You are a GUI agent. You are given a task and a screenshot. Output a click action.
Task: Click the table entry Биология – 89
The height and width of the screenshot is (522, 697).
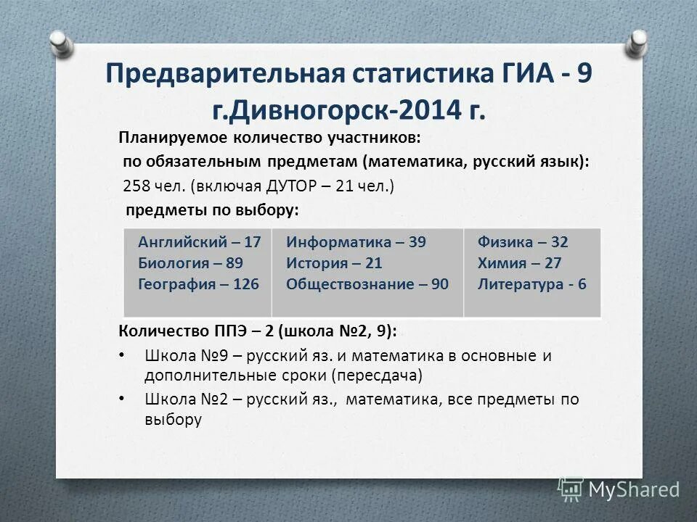pyautogui.click(x=190, y=263)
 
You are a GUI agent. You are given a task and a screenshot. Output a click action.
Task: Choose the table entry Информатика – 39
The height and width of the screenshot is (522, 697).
pyautogui.click(x=356, y=242)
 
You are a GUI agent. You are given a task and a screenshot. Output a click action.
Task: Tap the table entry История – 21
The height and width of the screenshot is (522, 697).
pyautogui.click(x=334, y=263)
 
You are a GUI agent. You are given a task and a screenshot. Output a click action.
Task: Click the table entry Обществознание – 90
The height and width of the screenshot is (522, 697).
pyautogui.click(x=367, y=284)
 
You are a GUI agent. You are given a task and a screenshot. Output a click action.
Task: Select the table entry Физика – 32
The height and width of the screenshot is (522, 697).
pyautogui.click(x=523, y=242)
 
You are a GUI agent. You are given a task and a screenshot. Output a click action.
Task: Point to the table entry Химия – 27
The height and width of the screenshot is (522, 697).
pyautogui.click(x=519, y=263)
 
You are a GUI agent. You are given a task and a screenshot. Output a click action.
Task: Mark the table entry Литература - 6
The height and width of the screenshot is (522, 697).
pyautogui.click(x=531, y=284)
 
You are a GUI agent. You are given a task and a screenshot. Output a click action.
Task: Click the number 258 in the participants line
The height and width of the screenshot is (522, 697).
pyautogui.click(x=136, y=186)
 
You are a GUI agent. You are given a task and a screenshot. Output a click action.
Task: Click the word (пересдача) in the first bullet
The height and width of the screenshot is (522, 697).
pyautogui.click(x=377, y=376)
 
